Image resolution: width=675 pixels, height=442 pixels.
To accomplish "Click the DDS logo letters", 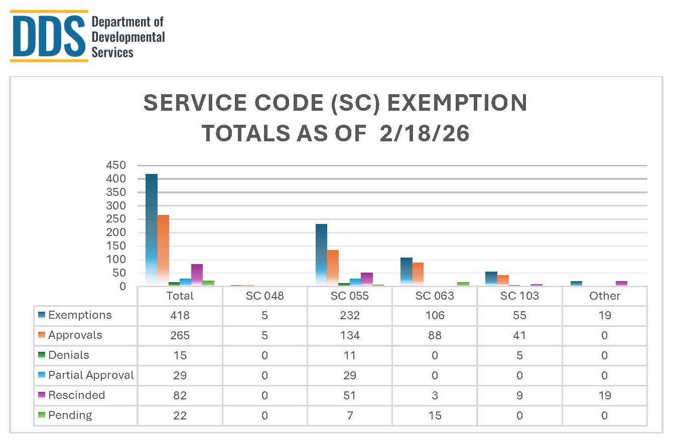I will click(48, 37).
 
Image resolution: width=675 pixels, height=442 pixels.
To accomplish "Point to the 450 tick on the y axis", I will click(115, 165).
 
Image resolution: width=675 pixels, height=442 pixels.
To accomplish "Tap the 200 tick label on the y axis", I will click(115, 233).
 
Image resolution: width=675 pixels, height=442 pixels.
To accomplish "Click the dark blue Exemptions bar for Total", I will click(151, 231).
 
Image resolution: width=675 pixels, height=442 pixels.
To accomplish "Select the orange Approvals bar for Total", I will click(163, 251).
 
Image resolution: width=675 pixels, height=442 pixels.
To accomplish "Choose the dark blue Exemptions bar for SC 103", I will click(491, 279).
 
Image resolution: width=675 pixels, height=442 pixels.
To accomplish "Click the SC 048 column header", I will click(264, 296).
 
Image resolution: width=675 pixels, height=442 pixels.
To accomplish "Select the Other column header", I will click(604, 296).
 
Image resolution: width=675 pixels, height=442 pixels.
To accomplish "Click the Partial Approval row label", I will click(91, 375).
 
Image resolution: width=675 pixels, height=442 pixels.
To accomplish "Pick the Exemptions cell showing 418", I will click(180, 315).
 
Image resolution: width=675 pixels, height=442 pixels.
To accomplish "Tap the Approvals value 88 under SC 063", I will click(435, 335).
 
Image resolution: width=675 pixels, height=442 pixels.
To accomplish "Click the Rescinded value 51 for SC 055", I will click(349, 395).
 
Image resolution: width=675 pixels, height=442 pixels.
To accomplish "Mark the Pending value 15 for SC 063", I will click(435, 415).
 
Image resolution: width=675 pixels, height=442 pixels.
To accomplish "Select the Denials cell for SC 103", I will click(519, 355).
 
